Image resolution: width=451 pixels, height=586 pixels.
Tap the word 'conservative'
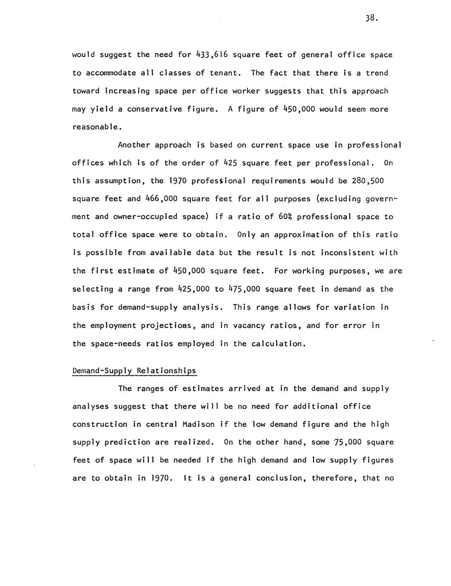point(155,109)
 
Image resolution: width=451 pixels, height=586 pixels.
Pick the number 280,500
point(368,181)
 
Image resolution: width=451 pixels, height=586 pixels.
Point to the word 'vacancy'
point(243,326)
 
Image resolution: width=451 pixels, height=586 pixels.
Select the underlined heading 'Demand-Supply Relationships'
point(134,371)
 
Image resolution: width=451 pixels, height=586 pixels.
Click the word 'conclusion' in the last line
point(281,478)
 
